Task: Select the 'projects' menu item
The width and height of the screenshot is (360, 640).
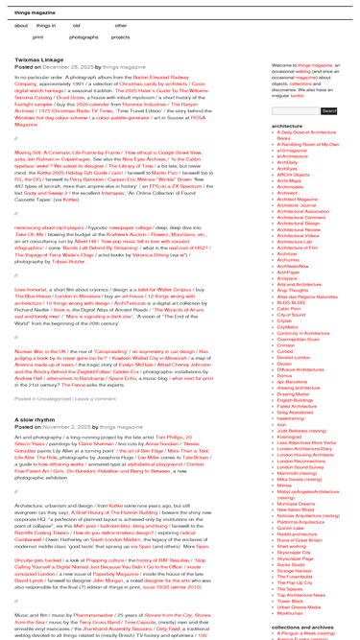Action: click(x=120, y=36)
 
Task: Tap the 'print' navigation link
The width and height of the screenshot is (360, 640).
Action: click(x=38, y=36)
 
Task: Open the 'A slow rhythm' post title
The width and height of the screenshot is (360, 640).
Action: click(x=36, y=419)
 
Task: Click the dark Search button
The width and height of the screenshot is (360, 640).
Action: click(x=328, y=111)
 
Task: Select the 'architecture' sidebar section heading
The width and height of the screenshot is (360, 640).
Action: click(x=287, y=126)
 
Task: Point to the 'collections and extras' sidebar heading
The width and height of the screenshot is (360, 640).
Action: click(x=301, y=628)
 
